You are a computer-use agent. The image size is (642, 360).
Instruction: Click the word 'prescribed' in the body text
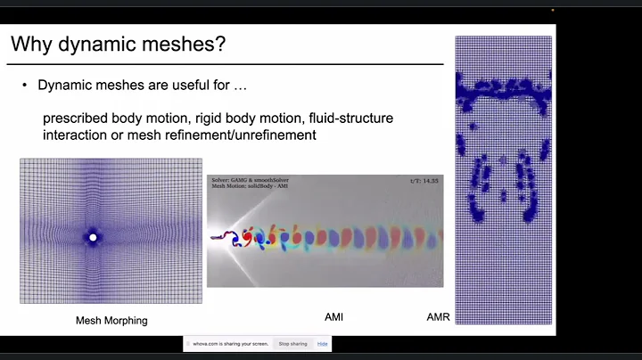tap(75, 119)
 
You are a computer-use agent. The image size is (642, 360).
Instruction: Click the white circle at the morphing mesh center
tap(92, 237)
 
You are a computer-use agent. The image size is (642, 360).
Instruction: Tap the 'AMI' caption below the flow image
tap(333, 316)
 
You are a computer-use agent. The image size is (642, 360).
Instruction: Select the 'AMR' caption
tap(438, 316)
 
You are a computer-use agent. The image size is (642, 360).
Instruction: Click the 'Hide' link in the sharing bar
tap(322, 343)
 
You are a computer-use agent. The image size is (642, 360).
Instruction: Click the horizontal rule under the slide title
tap(227, 64)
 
